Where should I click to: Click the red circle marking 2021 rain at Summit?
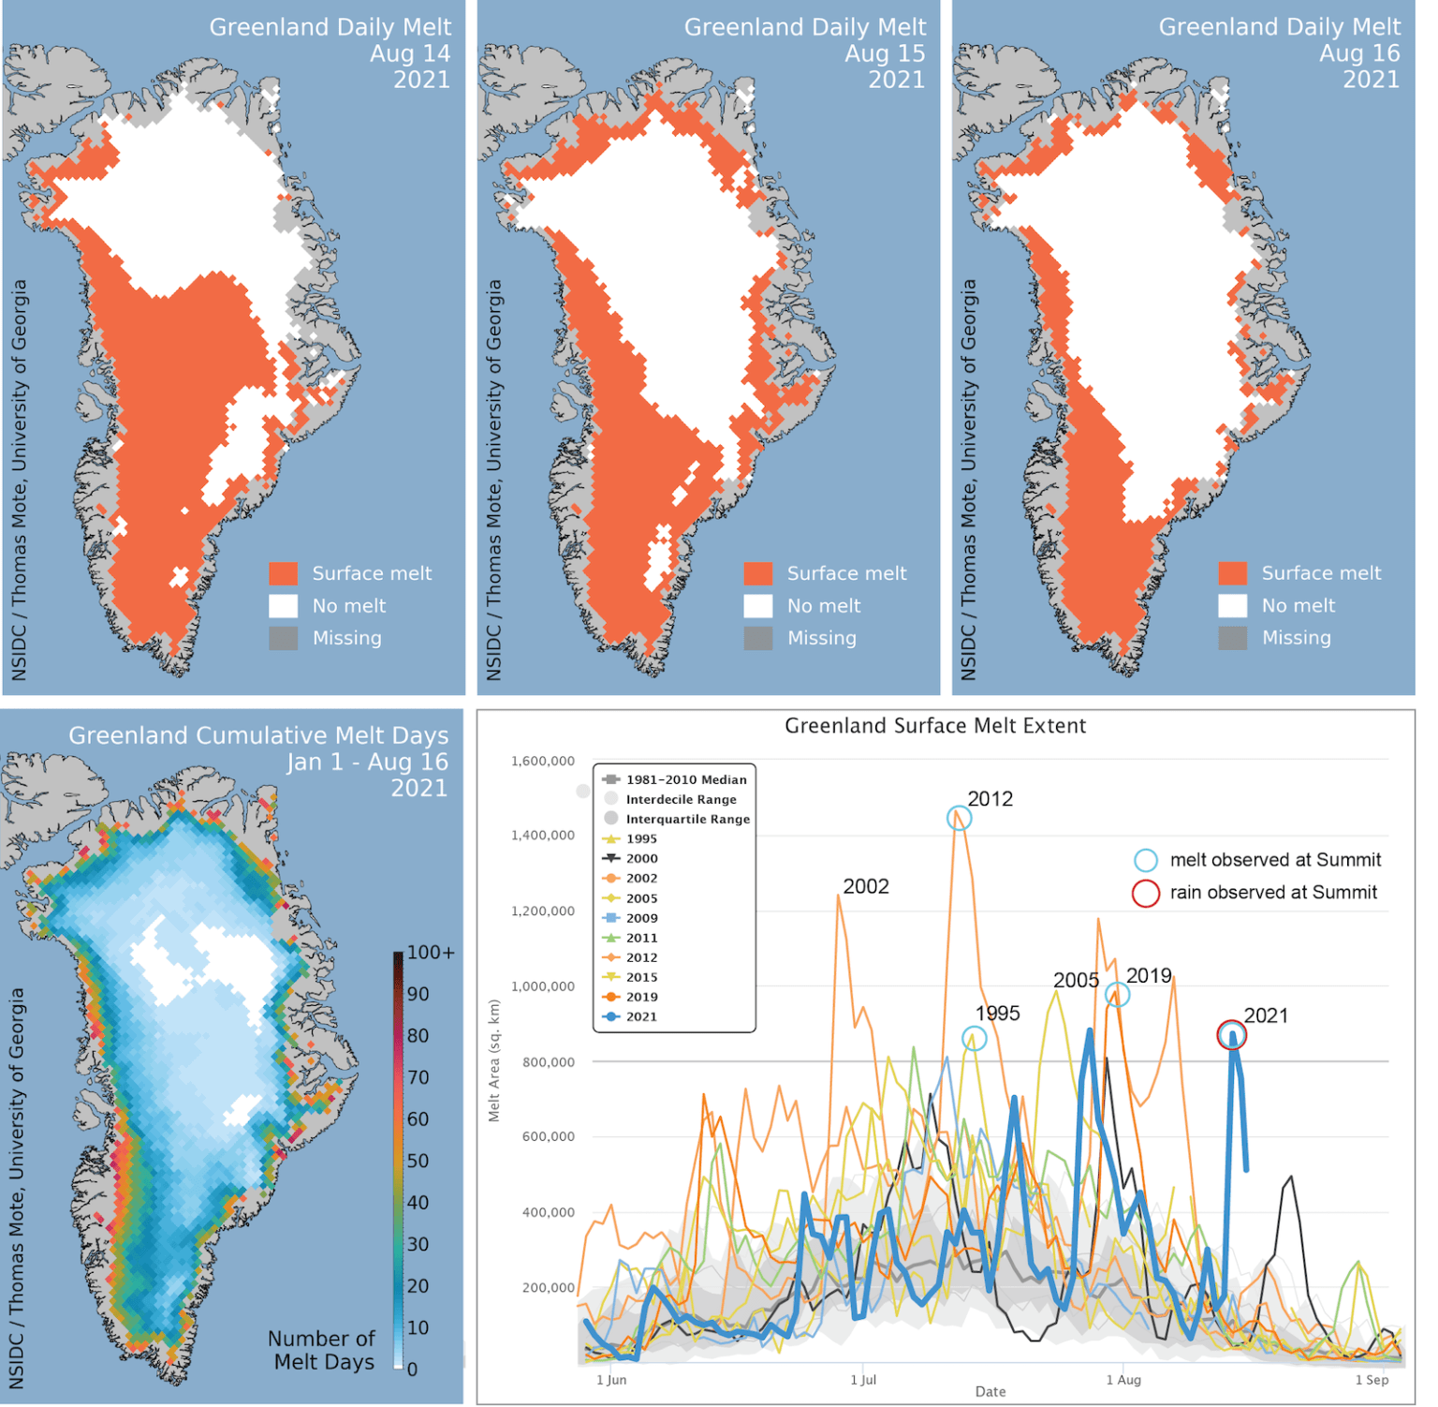click(x=1231, y=1035)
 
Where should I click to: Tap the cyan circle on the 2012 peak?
click(x=959, y=818)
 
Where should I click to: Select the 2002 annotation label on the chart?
click(x=865, y=886)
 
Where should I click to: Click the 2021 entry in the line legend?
click(x=641, y=1016)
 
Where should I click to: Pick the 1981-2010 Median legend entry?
click(x=685, y=779)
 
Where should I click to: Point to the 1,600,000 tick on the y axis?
click(x=543, y=761)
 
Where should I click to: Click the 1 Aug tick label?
click(x=1123, y=1380)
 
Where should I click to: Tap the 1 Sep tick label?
click(x=1372, y=1380)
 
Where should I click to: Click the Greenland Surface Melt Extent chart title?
click(x=934, y=726)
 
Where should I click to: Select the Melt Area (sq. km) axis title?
click(x=494, y=1060)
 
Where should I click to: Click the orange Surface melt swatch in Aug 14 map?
click(x=284, y=573)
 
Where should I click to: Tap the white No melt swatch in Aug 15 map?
click(x=758, y=606)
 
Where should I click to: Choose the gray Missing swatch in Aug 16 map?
click(x=1233, y=638)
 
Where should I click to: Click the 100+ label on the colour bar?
click(x=431, y=953)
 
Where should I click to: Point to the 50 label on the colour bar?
click(x=418, y=1161)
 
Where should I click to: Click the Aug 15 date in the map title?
click(x=884, y=53)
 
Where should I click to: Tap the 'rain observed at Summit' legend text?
click(x=1273, y=893)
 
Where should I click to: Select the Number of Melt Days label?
click(x=321, y=1350)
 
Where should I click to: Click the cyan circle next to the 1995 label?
click(x=974, y=1038)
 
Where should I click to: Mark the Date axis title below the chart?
click(x=990, y=1391)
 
